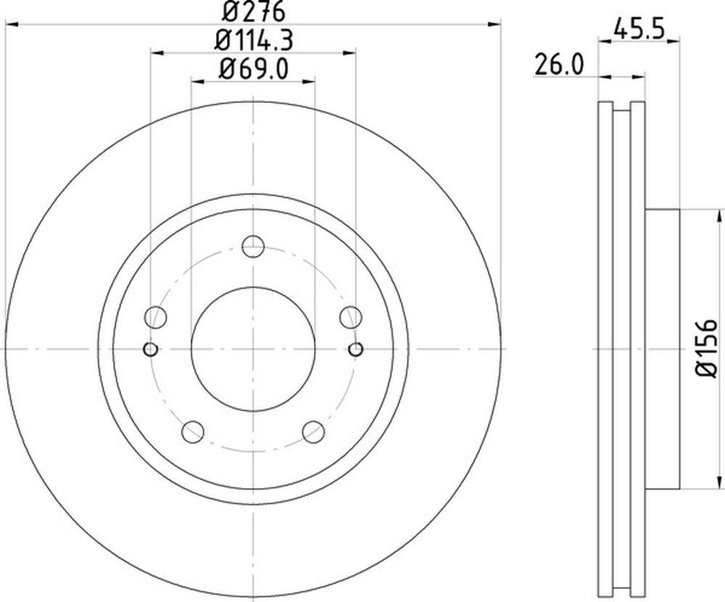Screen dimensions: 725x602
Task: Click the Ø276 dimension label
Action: coord(253,12)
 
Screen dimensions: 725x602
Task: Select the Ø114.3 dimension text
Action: coord(253,41)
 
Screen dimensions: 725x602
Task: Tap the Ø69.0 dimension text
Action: coord(253,70)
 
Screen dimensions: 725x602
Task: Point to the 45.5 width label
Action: coord(639,30)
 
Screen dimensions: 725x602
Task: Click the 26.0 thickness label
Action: coord(559,65)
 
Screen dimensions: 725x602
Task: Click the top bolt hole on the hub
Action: coord(253,246)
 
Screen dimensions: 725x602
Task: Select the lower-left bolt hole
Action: coord(193,432)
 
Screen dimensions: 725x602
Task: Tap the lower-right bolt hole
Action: coord(313,432)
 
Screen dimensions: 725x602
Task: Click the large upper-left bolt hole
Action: coord(155,317)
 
